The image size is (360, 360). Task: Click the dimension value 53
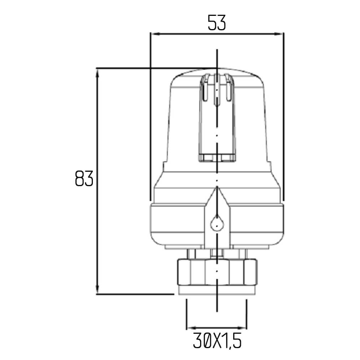tap(217, 23)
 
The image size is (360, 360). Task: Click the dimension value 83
tap(84, 179)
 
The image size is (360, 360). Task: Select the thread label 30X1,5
tap(217, 341)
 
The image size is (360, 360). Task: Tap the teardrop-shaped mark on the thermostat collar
tap(217, 223)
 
